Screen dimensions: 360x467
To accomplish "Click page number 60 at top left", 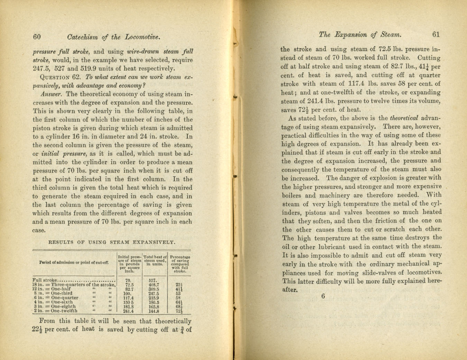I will tap(37, 37).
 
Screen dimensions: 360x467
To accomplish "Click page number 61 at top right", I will tap(436, 34).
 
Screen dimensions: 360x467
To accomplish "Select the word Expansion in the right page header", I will tap(350, 35).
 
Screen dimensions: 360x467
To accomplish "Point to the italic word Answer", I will tap(51, 94).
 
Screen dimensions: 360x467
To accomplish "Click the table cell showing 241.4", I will tap(128, 311).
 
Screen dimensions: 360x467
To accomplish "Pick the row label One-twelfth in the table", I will tap(64, 311).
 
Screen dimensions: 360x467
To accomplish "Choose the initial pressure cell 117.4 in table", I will tap(128, 298).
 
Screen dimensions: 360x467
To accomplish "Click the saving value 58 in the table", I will tap(178, 298).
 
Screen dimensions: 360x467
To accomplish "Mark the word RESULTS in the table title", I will tap(61, 242).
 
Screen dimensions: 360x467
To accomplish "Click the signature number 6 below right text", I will tap(323, 296).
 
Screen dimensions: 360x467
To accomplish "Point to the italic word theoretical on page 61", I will tap(404, 118).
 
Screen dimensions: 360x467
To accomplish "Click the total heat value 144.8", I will tap(154, 311).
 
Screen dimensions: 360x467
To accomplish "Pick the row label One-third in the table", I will tap(62, 293).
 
